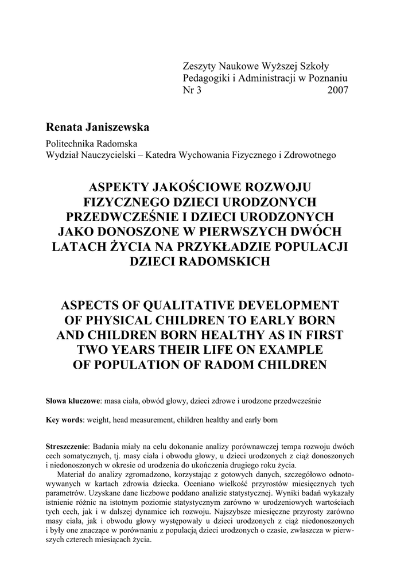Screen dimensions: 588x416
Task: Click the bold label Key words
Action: click(64, 420)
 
